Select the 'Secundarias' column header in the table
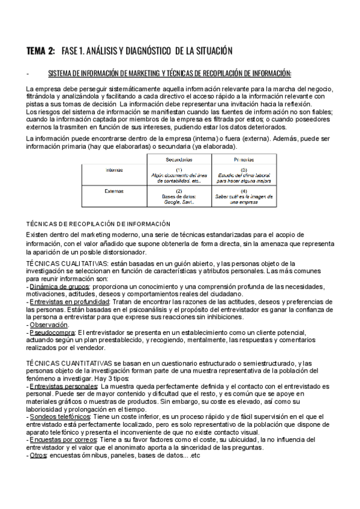(179, 160)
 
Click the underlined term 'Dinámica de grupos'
(59, 286)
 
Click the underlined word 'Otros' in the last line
(38, 456)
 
